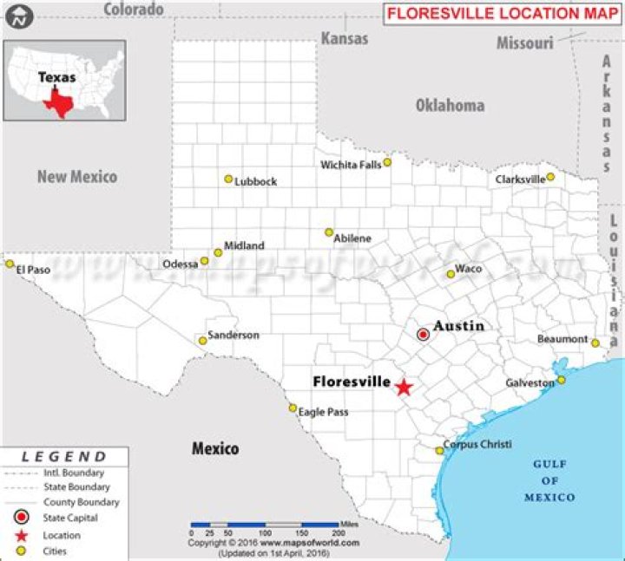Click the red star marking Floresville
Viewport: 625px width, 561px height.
tap(403, 387)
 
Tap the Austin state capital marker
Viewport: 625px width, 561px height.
tap(423, 334)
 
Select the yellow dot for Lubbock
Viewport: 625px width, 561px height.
tap(228, 179)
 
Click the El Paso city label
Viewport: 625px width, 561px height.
tap(34, 270)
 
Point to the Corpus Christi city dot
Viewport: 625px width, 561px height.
tap(440, 450)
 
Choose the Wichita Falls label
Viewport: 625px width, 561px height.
tap(350, 165)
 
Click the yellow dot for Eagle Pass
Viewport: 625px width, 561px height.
tap(293, 408)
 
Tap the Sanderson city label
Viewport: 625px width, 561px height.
tap(234, 335)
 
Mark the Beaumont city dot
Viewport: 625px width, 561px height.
tap(595, 342)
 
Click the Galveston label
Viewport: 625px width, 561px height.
tap(530, 382)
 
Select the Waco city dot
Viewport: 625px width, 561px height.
tap(451, 274)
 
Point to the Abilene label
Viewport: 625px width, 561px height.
tap(352, 238)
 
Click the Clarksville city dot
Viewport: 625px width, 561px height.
tap(550, 177)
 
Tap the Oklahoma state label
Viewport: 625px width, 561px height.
tap(450, 106)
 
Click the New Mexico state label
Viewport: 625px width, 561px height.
tap(76, 176)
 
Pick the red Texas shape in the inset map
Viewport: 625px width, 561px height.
tap(59, 102)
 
